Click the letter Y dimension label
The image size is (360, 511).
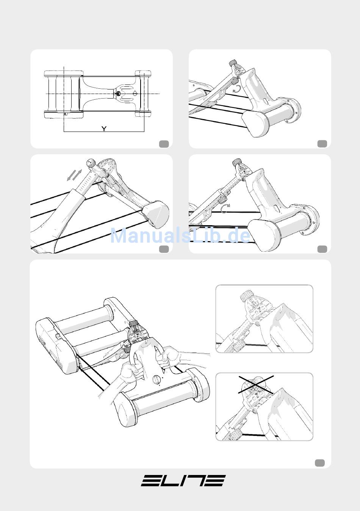click(104, 129)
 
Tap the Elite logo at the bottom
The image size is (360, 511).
click(183, 481)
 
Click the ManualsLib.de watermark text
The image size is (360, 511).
click(180, 236)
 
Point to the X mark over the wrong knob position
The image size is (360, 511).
click(256, 385)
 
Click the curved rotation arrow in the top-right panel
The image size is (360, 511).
click(237, 89)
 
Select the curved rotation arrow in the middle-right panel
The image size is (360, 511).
click(225, 208)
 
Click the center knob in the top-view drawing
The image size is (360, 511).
click(118, 94)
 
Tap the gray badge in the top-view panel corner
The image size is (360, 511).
click(164, 144)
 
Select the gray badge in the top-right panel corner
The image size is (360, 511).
click(322, 144)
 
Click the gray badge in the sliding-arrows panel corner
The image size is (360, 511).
click(164, 249)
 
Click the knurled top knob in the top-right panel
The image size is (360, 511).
click(233, 62)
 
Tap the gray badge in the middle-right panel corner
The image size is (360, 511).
click(322, 249)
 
